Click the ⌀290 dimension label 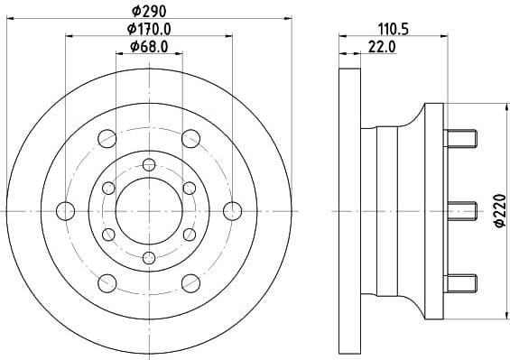[x=148, y=12]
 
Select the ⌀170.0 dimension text [x=150, y=29]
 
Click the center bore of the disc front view [x=149, y=210]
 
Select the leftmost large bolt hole [x=65, y=210]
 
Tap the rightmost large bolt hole [x=233, y=210]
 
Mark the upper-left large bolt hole [x=107, y=138]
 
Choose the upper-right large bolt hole [x=190, y=138]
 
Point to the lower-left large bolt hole [x=107, y=282]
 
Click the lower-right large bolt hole [x=190, y=282]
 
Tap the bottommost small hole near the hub [x=149, y=257]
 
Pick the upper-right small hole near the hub [x=190, y=187]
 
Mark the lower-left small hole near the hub [x=108, y=234]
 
